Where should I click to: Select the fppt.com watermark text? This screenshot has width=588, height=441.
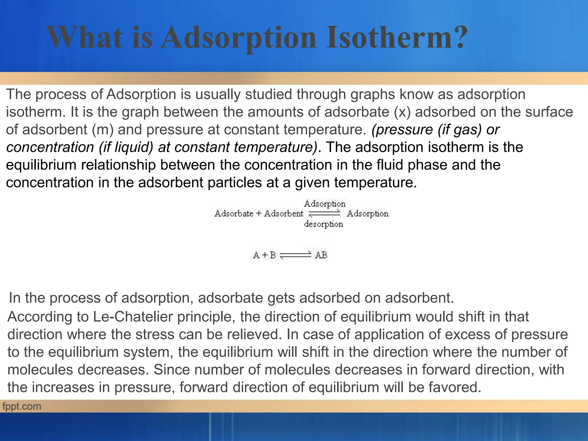(22, 406)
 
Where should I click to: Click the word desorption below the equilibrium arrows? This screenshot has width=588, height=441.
(324, 224)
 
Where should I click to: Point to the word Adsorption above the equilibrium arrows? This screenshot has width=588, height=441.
(325, 204)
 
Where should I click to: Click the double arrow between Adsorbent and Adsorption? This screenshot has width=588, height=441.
(325, 214)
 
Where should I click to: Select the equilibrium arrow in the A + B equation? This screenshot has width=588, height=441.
(295, 255)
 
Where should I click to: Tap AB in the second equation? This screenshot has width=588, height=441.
(321, 255)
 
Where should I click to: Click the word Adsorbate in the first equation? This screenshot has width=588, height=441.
(234, 214)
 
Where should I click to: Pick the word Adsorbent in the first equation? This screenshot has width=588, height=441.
(283, 214)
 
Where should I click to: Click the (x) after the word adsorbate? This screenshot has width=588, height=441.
(402, 112)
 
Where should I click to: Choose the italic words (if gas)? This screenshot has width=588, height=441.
(460, 129)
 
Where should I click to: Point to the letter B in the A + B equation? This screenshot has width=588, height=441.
(272, 255)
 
